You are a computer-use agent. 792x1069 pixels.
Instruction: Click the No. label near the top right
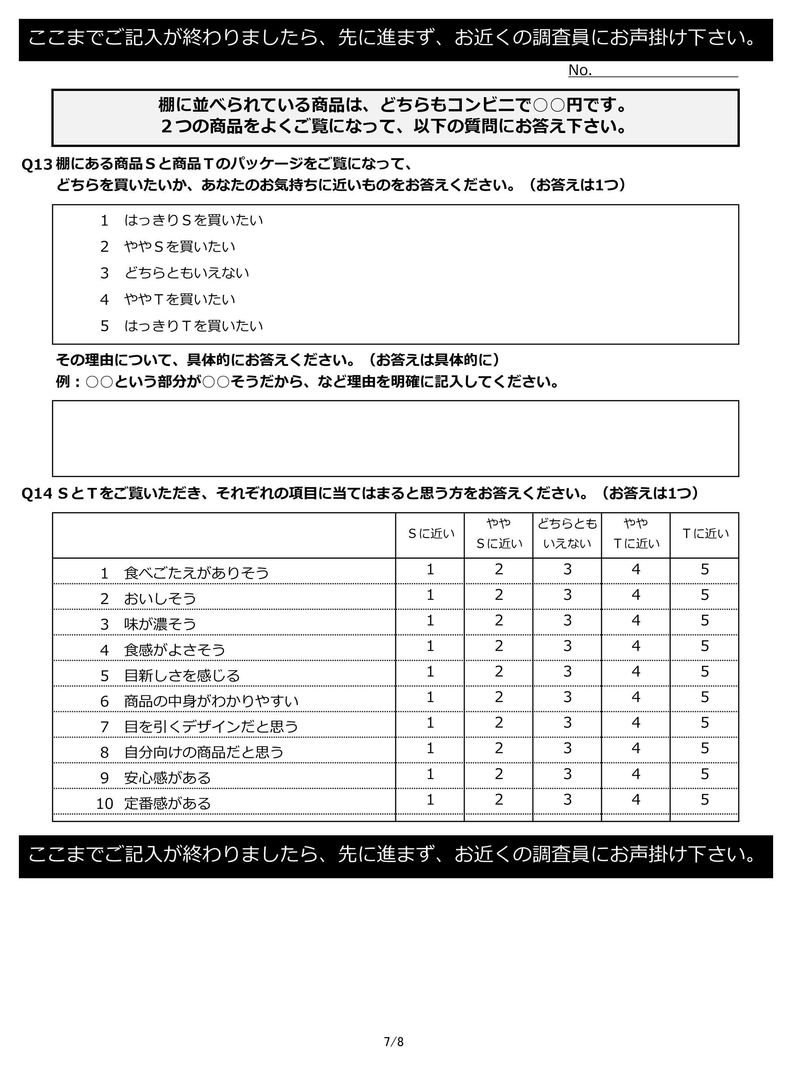point(580,71)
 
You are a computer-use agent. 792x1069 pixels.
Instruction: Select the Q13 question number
point(37,164)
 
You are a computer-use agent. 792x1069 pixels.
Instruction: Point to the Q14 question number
point(37,493)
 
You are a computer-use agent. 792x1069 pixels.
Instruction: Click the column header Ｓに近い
point(430,534)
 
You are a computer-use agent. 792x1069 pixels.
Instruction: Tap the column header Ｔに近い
point(704,534)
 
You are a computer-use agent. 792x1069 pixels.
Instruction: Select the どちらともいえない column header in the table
point(567,533)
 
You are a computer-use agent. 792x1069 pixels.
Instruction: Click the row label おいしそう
point(160,598)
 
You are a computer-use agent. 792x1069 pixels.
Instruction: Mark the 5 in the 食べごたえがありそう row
point(704,569)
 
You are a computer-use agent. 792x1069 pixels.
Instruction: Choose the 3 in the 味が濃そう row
point(567,620)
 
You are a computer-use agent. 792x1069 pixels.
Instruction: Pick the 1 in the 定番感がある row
point(430,799)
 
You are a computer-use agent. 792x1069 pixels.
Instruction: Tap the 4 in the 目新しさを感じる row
point(636,672)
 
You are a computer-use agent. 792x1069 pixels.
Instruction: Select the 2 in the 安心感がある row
point(499,774)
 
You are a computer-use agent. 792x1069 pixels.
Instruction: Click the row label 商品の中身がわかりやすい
point(211,701)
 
